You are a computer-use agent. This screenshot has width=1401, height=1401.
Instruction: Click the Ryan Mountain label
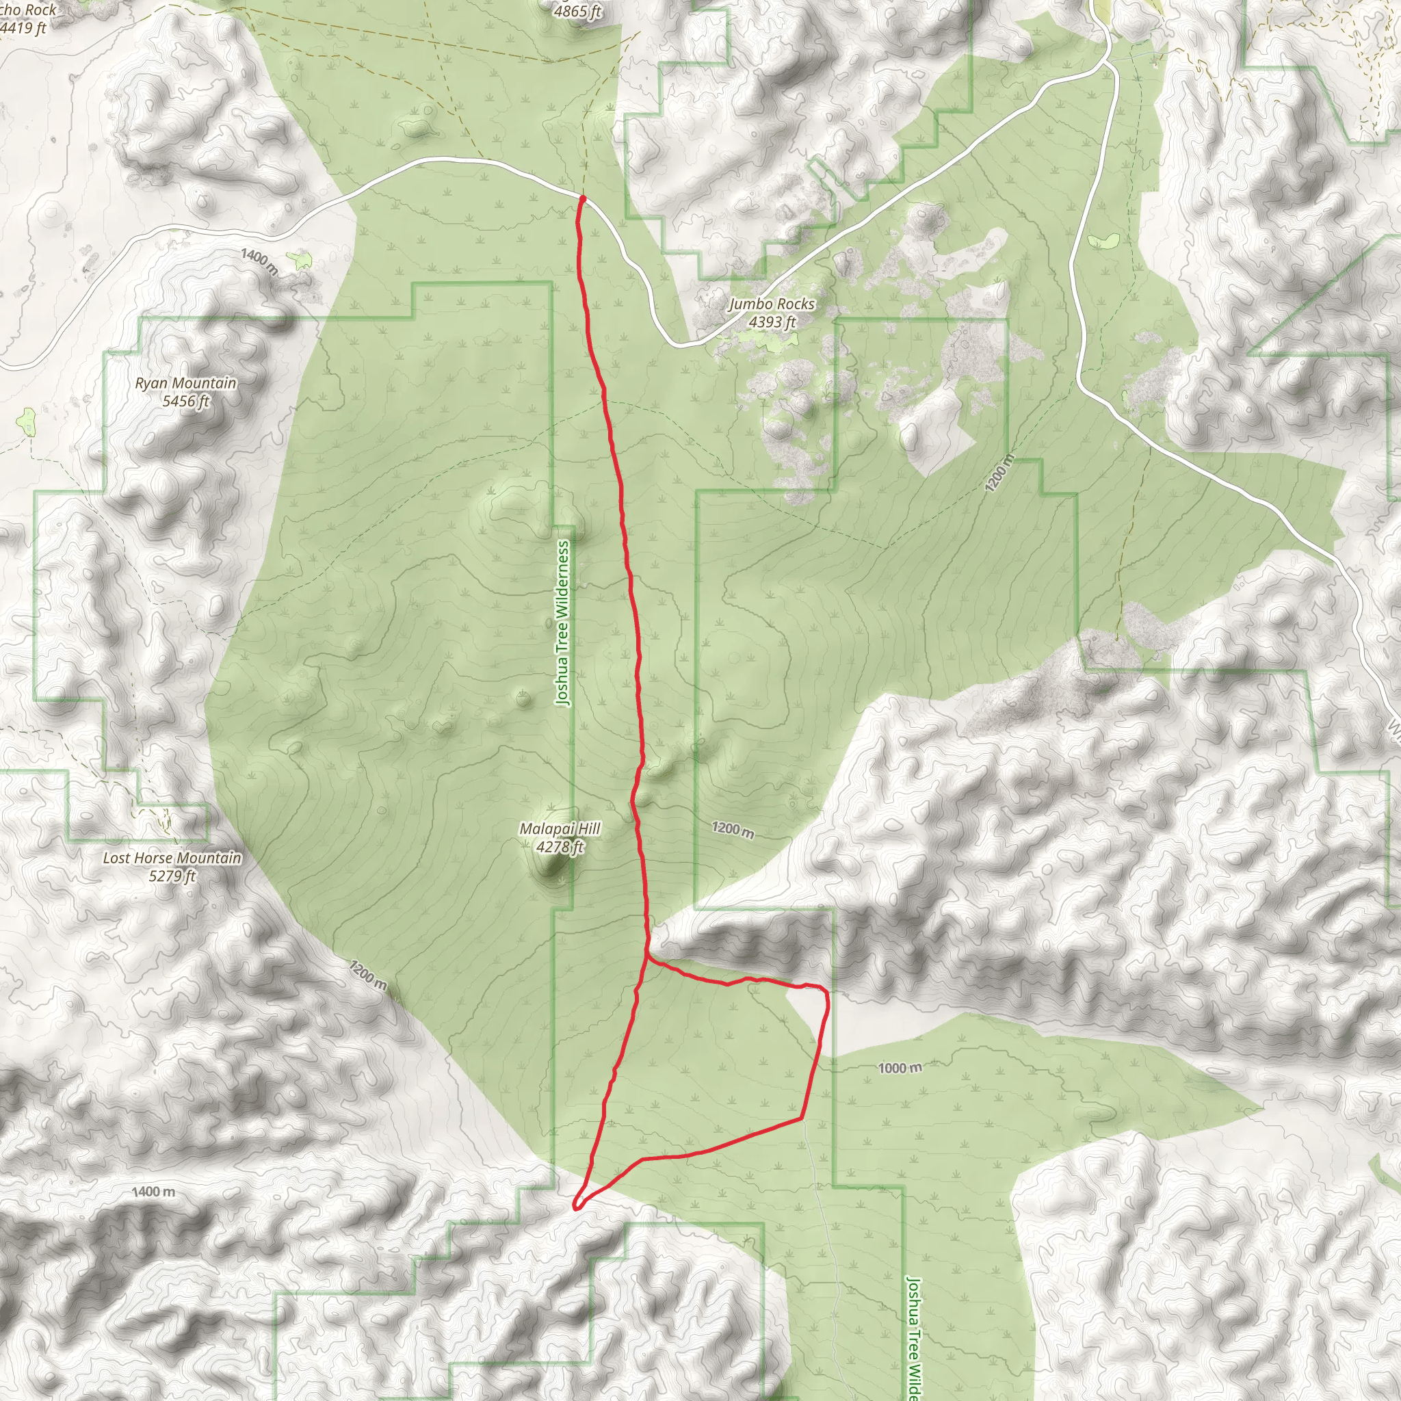(x=185, y=383)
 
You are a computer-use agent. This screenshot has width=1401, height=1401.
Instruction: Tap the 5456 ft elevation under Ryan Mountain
(x=185, y=401)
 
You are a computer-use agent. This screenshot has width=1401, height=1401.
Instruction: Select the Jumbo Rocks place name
(x=772, y=304)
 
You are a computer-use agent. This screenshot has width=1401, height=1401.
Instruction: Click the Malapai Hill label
(x=560, y=828)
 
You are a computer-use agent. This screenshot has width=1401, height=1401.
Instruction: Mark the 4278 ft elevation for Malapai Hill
(x=560, y=846)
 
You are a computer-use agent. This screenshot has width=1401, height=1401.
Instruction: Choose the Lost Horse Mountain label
(x=172, y=858)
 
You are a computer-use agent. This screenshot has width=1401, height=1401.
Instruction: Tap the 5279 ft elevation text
(x=172, y=876)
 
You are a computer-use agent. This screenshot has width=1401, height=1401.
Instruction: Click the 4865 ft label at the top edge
(x=577, y=11)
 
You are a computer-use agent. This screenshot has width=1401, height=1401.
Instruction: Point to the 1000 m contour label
(x=900, y=1067)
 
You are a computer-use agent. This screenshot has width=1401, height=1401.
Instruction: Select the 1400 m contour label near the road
(x=259, y=261)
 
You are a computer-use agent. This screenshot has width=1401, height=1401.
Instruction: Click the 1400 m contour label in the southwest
(x=153, y=1192)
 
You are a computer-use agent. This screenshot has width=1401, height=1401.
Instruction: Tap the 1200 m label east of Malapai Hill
(x=733, y=829)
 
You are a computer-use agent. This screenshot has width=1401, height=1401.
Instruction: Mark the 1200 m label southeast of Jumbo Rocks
(x=999, y=473)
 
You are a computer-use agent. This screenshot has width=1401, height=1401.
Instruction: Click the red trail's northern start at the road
(x=582, y=196)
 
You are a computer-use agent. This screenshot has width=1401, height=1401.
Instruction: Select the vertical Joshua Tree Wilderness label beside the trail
(x=563, y=624)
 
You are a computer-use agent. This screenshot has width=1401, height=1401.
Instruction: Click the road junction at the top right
(x=1108, y=64)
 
